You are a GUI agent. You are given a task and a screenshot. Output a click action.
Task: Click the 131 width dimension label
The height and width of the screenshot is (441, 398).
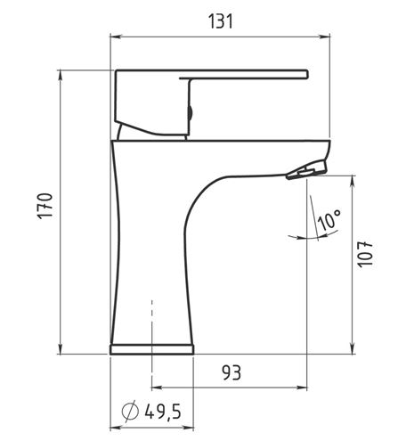click(221, 21)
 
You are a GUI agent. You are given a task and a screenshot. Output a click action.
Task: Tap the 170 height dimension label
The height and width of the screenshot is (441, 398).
click(45, 206)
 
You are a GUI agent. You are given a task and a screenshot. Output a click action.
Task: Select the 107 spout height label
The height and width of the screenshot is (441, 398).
click(365, 255)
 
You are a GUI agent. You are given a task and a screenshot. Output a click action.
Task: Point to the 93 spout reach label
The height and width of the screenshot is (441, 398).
click(231, 372)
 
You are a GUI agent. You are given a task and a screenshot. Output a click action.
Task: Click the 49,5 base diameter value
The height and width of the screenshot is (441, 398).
click(163, 412)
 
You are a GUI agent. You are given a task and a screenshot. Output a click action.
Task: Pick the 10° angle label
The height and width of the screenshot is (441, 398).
click(329, 220)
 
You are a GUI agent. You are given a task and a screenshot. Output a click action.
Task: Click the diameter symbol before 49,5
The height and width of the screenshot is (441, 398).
click(130, 411)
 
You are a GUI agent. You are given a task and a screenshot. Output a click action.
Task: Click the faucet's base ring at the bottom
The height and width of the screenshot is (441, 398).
click(151, 349)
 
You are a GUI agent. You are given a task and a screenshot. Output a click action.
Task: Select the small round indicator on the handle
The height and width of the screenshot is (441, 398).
click(191, 113)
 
